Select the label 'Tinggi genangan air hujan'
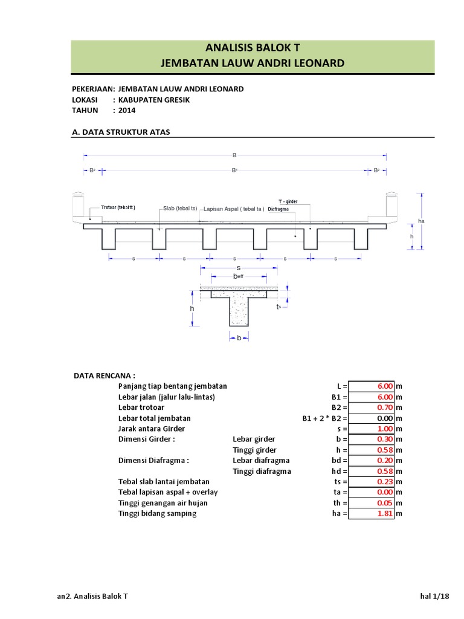tap(163, 503)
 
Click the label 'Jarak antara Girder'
tap(152, 429)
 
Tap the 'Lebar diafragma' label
tap(261, 461)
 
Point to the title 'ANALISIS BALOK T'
tap(253, 49)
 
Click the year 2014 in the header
tap(127, 111)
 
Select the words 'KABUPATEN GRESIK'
tap(154, 100)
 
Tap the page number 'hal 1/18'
tap(435, 597)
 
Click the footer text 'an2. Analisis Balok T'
tap(92, 597)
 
